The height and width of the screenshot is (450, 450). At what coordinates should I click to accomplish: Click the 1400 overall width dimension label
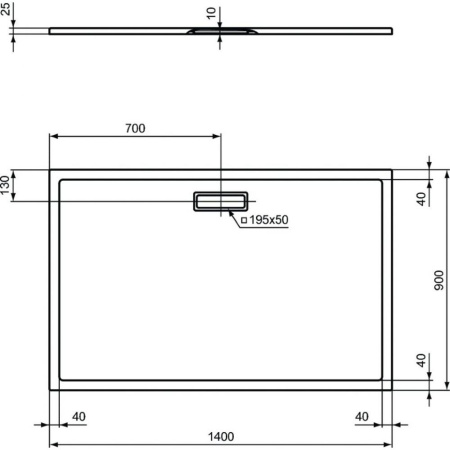tap(220, 435)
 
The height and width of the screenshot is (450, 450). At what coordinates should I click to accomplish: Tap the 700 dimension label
tap(136, 127)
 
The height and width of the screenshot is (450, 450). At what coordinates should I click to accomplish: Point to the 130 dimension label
tap(7, 186)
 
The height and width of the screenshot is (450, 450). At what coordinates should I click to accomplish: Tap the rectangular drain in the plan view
tap(221, 200)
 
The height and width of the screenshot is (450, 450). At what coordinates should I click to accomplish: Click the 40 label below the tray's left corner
tap(79, 417)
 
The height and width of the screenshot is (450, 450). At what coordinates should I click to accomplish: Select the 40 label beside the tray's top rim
tap(422, 197)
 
